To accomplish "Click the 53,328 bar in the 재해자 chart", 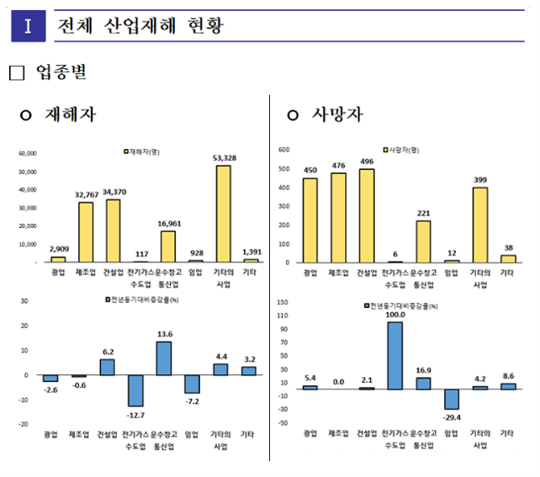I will point(223,214).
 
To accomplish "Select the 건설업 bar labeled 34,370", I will point(113,231).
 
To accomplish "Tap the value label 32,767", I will point(87,195).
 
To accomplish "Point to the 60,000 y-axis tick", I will point(27,154).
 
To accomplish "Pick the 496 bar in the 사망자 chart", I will point(366,215).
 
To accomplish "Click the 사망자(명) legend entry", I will point(403,149).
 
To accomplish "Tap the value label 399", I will point(479,180).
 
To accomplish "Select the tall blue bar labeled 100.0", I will point(394,355).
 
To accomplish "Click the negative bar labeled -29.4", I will point(451,399).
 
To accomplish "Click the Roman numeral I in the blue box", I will point(28,26).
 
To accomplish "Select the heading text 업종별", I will point(61,73).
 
